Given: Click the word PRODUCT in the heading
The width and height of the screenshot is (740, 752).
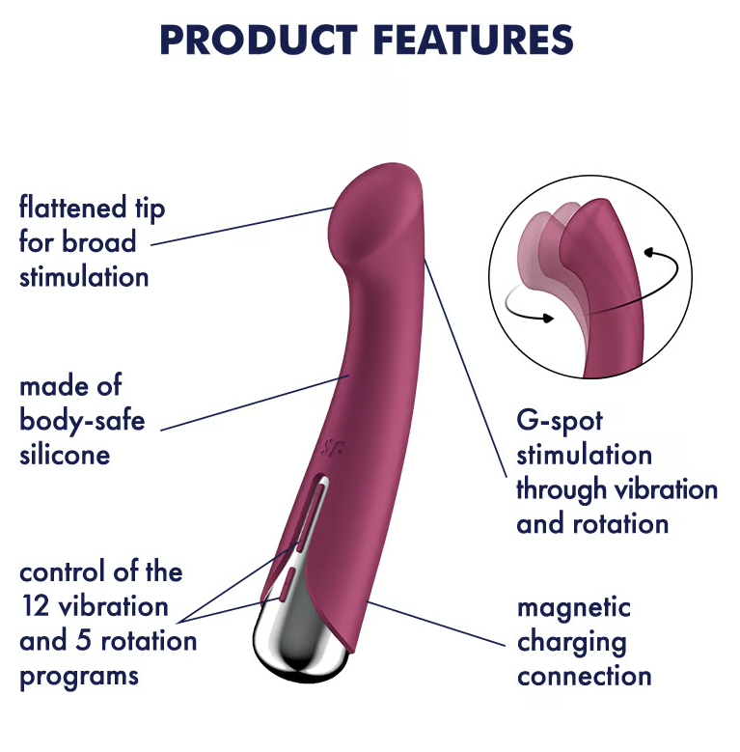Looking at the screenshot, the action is coord(259,40).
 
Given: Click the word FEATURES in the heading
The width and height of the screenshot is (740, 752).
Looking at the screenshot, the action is coord(473,40).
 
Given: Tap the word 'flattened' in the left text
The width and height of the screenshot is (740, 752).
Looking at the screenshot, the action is coord(73,208).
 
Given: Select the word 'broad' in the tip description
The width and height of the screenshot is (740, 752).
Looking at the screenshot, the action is coord(99,241).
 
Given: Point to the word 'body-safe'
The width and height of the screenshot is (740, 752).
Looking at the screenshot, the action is coord(82,421).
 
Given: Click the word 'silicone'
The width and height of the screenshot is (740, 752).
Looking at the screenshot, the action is coord(65,455).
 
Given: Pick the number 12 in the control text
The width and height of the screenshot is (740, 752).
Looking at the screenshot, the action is coord(35,606).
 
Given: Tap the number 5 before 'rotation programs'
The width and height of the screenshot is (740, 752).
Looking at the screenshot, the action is coord(83,641).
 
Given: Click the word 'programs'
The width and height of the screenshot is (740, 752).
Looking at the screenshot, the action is coord(79,677).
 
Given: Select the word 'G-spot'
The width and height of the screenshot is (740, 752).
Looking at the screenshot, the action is coord(560,422).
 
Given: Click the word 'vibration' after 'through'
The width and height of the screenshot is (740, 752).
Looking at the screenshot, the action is coord(666,489).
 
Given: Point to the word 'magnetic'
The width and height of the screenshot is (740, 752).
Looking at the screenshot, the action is coord(574,608).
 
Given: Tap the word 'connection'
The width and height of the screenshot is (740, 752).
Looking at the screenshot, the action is coord(585,677).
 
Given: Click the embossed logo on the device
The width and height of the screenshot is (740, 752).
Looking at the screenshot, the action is coord(332,448).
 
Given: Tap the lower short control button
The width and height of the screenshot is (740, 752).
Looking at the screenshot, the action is coord(286,584).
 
